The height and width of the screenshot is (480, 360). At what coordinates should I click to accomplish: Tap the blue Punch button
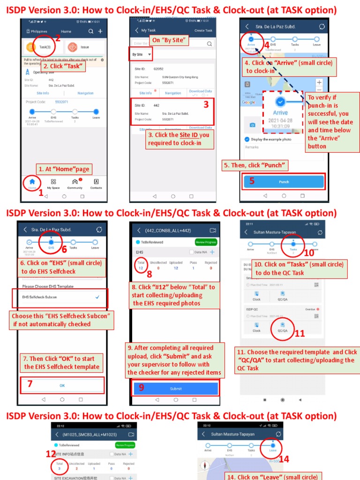click(284, 182)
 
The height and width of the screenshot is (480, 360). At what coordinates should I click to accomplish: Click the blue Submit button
click(176, 389)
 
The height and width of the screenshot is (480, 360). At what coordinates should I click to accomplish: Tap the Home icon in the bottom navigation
click(32, 183)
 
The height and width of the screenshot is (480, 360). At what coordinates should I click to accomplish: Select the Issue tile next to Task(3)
click(84, 47)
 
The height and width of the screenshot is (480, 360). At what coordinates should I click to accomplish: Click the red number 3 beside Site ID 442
click(206, 105)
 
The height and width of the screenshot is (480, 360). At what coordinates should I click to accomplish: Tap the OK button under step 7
click(62, 385)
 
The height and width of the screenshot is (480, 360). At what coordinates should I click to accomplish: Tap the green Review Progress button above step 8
click(206, 242)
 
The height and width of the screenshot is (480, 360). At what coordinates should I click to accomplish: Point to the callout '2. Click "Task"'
click(62, 66)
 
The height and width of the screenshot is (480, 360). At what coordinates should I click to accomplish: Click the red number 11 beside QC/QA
click(300, 334)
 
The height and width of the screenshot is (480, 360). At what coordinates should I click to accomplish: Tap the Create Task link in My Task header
click(203, 30)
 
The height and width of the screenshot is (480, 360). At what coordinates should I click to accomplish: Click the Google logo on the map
click(248, 102)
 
